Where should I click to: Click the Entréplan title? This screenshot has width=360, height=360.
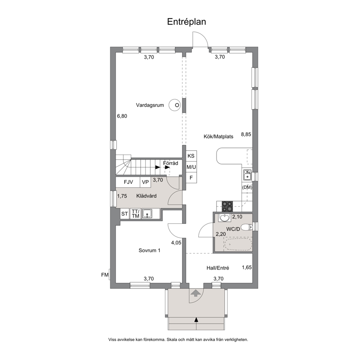tap(187, 22)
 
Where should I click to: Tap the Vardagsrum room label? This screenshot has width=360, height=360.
tap(150, 105)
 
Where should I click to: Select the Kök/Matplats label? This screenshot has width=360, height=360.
tap(218, 136)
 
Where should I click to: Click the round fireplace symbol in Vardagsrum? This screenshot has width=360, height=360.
tap(175, 105)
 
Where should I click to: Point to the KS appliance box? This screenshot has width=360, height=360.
tap(191, 156)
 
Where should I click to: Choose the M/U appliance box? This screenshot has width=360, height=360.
tap(191, 167)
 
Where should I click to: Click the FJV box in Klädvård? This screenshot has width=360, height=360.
tap(128, 182)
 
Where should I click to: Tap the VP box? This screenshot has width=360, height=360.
tap(145, 182)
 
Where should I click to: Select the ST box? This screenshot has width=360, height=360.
tap(125, 214)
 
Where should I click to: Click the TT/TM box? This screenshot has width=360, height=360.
tap(136, 214)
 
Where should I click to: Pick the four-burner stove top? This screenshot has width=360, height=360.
tap(227, 206)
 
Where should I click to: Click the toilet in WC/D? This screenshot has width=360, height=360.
tap(247, 227)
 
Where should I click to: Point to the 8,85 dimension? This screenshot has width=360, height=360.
tap(246, 135)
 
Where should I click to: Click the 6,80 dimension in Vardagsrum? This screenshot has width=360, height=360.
tap(122, 116)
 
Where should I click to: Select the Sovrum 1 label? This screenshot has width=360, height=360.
tap(150, 250)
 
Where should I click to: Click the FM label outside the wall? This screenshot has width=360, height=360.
tap(105, 275)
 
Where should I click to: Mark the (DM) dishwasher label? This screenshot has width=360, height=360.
tap(247, 187)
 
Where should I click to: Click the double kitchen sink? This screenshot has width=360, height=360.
tap(247, 175)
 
